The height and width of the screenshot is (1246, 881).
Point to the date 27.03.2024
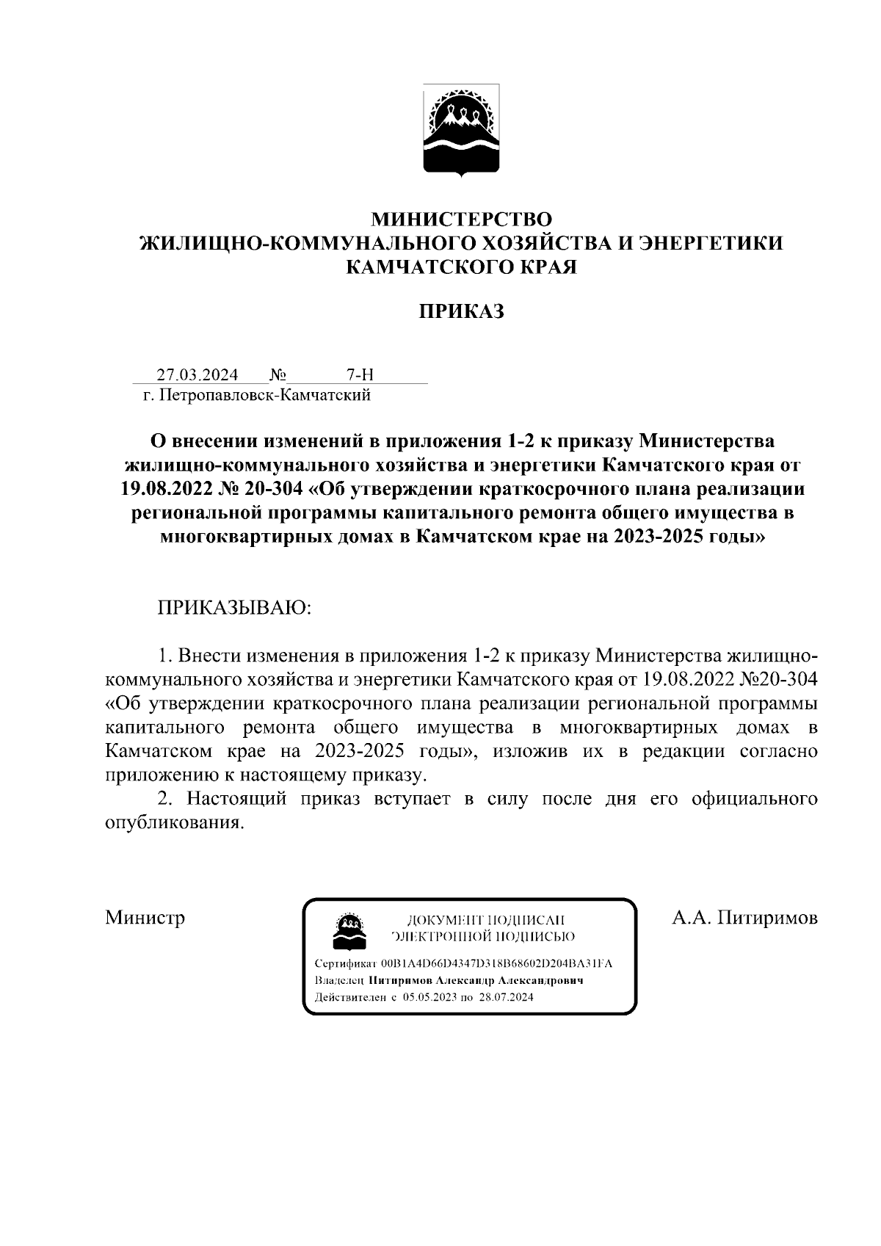pyautogui.click(x=197, y=375)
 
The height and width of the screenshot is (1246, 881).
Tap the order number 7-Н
pyautogui.click(x=360, y=375)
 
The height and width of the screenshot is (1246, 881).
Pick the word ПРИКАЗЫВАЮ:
pyautogui.click(x=234, y=608)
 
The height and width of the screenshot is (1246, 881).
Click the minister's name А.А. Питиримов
pyautogui.click(x=744, y=918)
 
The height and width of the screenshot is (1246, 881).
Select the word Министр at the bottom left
pyautogui.click(x=145, y=918)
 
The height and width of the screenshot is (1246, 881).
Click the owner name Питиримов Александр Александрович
pyautogui.click(x=476, y=981)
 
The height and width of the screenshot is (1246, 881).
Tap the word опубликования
pyautogui.click(x=173, y=823)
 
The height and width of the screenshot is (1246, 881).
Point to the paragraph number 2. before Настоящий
pyautogui.click(x=165, y=799)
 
